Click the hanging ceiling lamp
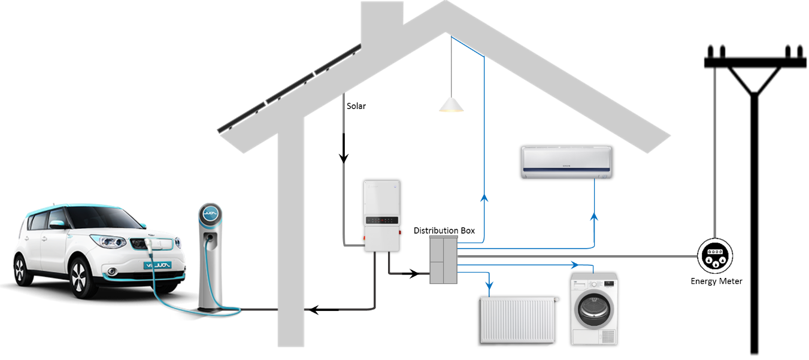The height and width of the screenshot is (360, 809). click(x=451, y=106)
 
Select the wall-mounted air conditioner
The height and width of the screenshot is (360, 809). click(x=566, y=162)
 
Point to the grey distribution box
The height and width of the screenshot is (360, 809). click(x=443, y=260)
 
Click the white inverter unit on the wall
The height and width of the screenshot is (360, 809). click(x=382, y=216)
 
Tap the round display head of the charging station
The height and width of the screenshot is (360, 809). click(x=210, y=214)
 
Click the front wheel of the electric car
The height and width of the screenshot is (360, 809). click(x=80, y=278)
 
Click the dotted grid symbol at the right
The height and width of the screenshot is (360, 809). click(x=715, y=256)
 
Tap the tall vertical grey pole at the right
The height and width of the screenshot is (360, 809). click(x=714, y=150)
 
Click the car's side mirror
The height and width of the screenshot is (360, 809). click(x=57, y=225)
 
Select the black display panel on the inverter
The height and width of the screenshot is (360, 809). click(x=382, y=220)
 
